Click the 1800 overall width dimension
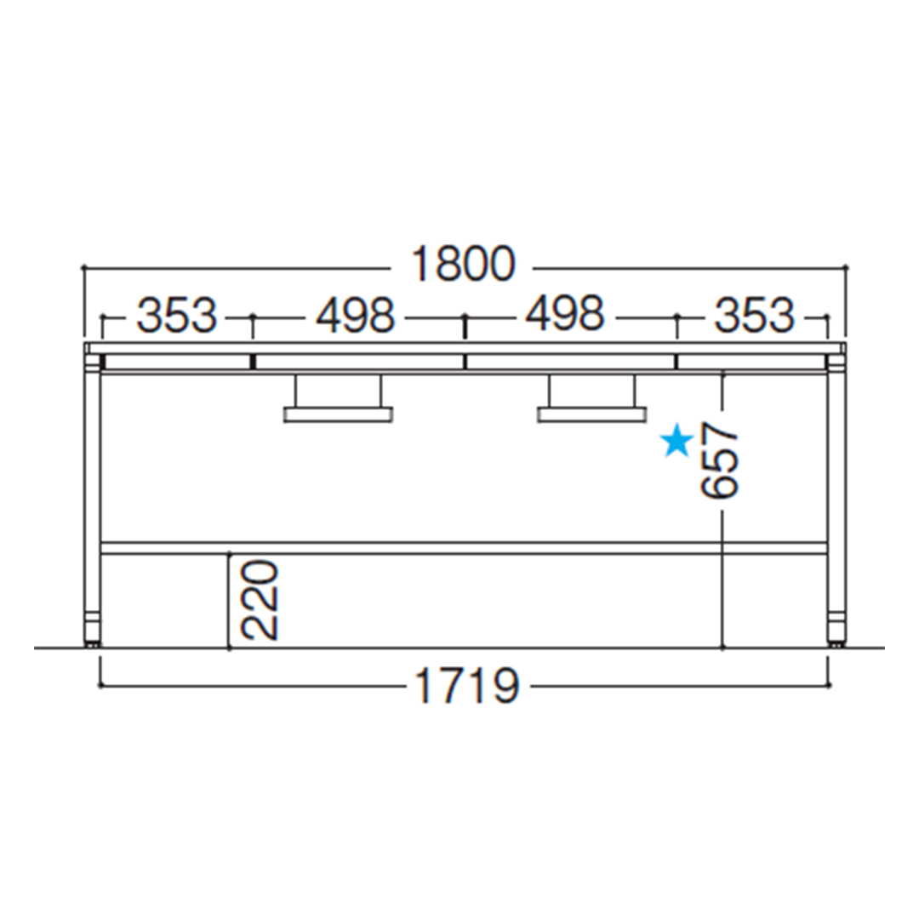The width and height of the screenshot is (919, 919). pyautogui.click(x=463, y=264)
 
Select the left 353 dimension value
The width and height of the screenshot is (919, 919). pyautogui.click(x=177, y=316)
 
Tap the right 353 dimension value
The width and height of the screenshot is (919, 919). pyautogui.click(x=754, y=316)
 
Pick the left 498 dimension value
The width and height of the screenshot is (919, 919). pyautogui.click(x=356, y=316)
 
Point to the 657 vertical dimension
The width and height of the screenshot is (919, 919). pyautogui.click(x=721, y=460)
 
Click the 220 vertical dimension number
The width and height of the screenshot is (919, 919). pyautogui.click(x=259, y=600)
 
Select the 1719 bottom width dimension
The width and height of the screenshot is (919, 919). pyautogui.click(x=466, y=685)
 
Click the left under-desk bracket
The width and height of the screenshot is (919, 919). pyautogui.click(x=338, y=398)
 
